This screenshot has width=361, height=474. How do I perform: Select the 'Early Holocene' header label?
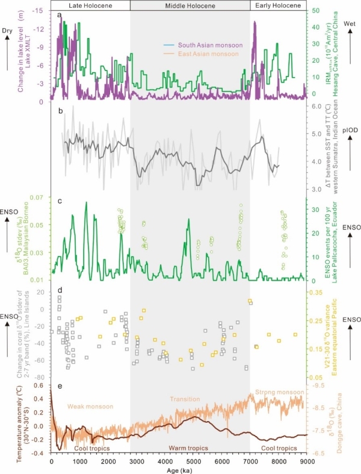click(x=278, y=5)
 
